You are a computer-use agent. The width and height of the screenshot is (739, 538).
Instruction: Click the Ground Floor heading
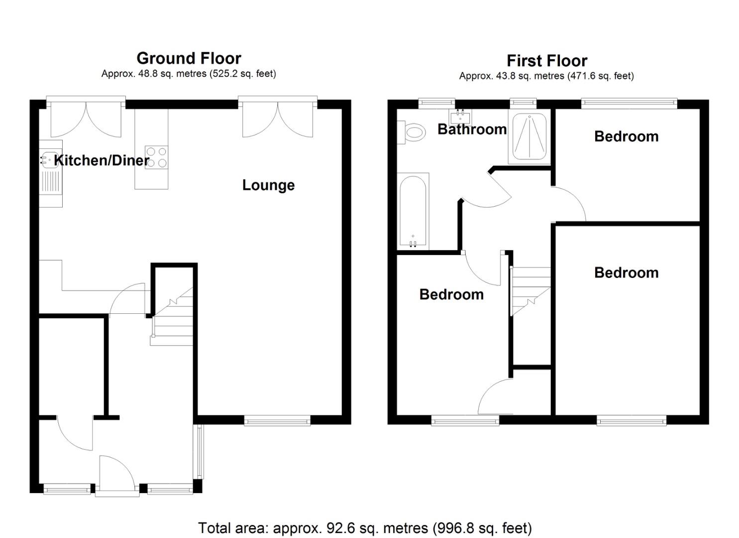coord(189,58)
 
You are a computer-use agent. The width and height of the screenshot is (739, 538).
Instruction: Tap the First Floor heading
coord(546,61)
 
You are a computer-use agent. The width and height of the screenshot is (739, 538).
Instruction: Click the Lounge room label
coord(268,185)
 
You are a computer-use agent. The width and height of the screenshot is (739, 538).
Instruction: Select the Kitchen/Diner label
coord(102,160)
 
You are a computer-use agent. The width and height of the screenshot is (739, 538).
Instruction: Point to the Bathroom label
coord(472,129)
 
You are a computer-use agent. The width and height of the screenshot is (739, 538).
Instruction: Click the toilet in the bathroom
coord(414,133)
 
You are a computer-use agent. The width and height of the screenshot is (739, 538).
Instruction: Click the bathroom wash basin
coord(460,118)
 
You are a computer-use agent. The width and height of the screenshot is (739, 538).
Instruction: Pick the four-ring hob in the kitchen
coord(156,157)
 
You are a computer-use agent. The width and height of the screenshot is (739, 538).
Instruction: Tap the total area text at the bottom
coord(365,528)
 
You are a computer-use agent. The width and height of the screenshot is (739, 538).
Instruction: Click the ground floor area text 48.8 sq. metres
coord(189,74)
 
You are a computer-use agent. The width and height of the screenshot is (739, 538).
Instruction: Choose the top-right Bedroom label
coord(626,136)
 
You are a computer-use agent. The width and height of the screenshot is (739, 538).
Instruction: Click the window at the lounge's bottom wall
coord(277,421)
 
